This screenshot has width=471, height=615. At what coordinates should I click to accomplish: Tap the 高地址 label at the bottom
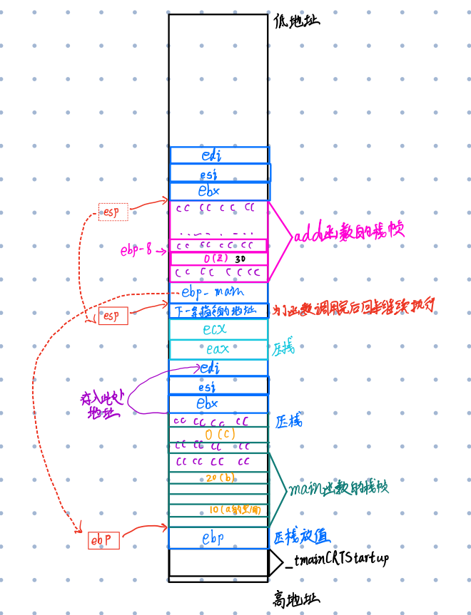(296, 599)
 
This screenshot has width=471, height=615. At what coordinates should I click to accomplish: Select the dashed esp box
(113, 212)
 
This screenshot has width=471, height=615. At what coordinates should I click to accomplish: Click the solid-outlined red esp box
(112, 316)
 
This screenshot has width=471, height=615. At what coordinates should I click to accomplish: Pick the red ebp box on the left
(103, 541)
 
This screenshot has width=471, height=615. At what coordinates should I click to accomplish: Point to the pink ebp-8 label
(136, 250)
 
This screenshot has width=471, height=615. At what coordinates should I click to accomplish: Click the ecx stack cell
(218, 329)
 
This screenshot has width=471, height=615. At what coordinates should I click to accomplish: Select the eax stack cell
(218, 349)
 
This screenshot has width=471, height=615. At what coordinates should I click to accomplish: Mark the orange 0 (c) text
(220, 433)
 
